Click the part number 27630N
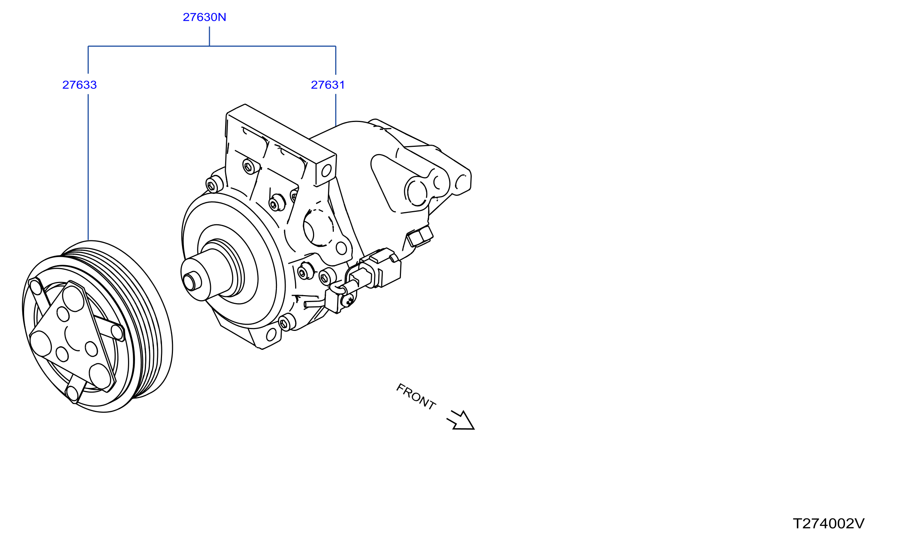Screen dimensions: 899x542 tap(204, 17)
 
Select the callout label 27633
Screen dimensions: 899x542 tap(80, 85)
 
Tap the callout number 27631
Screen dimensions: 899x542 tap(328, 85)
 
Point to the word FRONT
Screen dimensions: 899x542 tap(416, 397)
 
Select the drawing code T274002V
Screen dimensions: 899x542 tap(829, 524)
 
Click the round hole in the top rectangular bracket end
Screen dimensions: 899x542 tap(327, 170)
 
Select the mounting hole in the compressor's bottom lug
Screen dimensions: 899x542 tap(271, 334)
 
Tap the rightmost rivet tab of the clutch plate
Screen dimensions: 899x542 tap(117, 332)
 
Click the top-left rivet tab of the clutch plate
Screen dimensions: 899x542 tap(36, 286)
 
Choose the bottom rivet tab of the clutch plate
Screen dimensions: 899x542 tap(73, 393)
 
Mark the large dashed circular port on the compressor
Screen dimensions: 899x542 tap(319, 228)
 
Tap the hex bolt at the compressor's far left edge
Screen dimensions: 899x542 tap(214, 185)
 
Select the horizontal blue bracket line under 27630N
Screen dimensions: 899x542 tap(212, 46)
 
